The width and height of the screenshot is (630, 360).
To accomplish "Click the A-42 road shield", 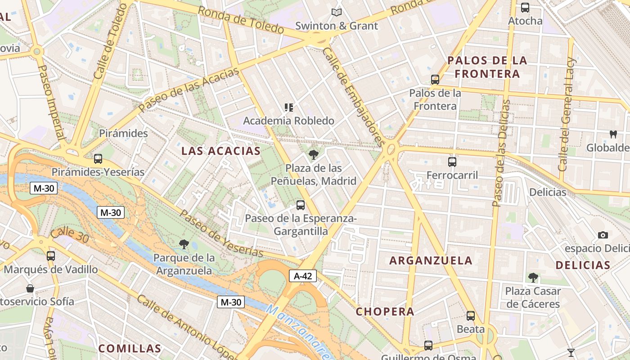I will coord(302,276).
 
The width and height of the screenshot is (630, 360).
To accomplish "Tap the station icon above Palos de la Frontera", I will coord(435,80).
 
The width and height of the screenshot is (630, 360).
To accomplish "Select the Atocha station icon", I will coord(525,8).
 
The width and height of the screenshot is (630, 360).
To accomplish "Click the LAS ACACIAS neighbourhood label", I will coord(220,151).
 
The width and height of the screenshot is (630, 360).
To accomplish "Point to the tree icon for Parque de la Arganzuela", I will coord(183,244).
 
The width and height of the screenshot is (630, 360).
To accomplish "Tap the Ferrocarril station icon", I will coord(452,162).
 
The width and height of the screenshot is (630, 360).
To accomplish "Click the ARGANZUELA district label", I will coord(431,261).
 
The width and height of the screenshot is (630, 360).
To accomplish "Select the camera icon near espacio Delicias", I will coord(603,235).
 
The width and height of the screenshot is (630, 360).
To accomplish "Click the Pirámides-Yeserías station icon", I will coord(98,159).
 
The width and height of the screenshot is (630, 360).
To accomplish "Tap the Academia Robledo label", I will coord(288,121).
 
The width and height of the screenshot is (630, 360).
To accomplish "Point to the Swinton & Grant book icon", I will coord(336,13).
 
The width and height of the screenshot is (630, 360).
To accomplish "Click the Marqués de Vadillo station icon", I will coord(50,256).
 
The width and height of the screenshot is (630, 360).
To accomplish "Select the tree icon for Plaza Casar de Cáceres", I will coord(533,277).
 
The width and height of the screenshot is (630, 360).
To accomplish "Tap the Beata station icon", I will coord(470,316).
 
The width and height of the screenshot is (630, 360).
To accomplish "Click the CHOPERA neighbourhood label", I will coord(385,311).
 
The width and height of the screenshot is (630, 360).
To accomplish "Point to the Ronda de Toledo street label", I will coord(241,20).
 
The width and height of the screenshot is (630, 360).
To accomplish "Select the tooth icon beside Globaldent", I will coord(612,134).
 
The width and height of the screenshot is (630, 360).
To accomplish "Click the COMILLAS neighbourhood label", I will coord(130,348).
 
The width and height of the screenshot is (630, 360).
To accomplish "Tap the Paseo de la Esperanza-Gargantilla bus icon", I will coord(300,205).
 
